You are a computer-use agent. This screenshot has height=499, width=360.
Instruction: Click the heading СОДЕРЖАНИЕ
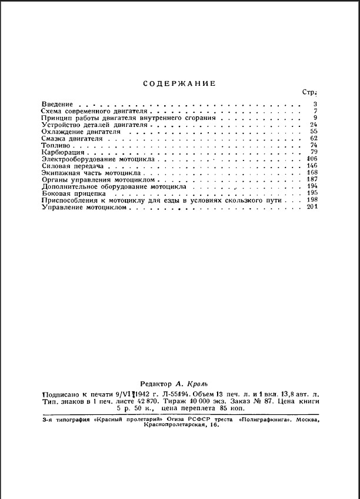click(179, 83)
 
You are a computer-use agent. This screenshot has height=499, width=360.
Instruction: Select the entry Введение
click(57, 104)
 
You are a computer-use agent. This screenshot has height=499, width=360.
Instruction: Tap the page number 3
click(315, 104)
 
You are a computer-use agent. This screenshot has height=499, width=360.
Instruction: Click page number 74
click(314, 145)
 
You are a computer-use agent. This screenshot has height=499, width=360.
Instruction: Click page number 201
click(312, 206)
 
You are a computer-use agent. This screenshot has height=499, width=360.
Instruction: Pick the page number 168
click(312, 173)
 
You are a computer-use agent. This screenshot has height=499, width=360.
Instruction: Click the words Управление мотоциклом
click(85, 206)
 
